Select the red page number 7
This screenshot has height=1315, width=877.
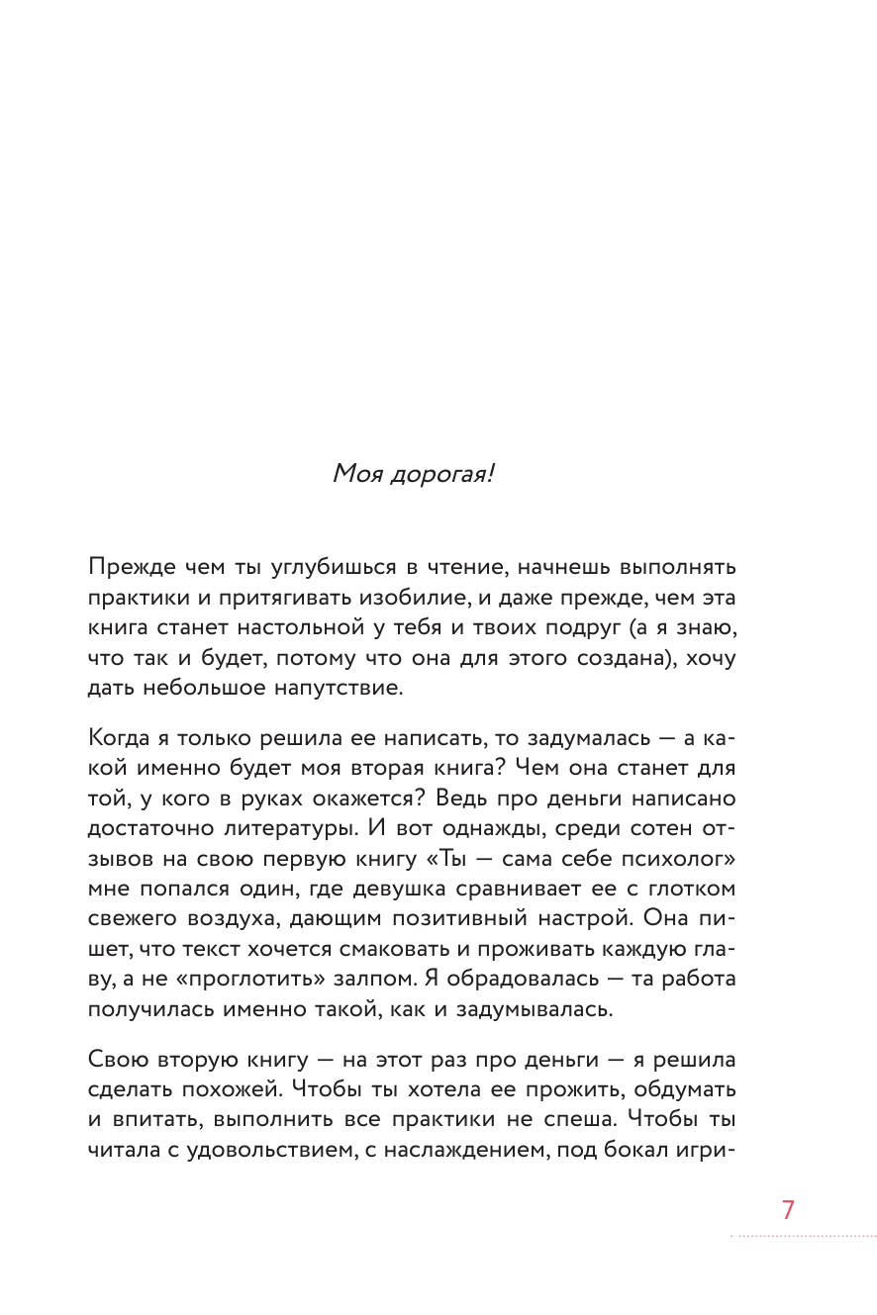788,1210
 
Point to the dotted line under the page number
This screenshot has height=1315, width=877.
803,1236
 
